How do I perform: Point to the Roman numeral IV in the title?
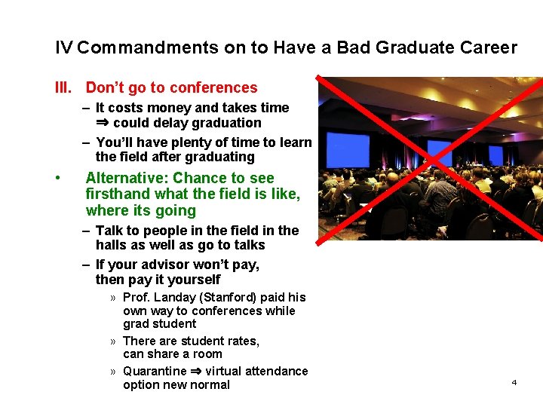pyautogui.click(x=64, y=48)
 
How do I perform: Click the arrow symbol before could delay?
pyautogui.click(x=103, y=123)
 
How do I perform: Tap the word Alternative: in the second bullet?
pyautogui.click(x=127, y=178)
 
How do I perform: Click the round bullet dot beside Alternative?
pyautogui.click(x=58, y=179)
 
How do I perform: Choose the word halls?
pyautogui.click(x=112, y=245)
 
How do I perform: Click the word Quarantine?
pyautogui.click(x=155, y=371)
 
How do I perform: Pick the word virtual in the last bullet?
pyautogui.click(x=225, y=371)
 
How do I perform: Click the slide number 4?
pyautogui.click(x=514, y=383)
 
